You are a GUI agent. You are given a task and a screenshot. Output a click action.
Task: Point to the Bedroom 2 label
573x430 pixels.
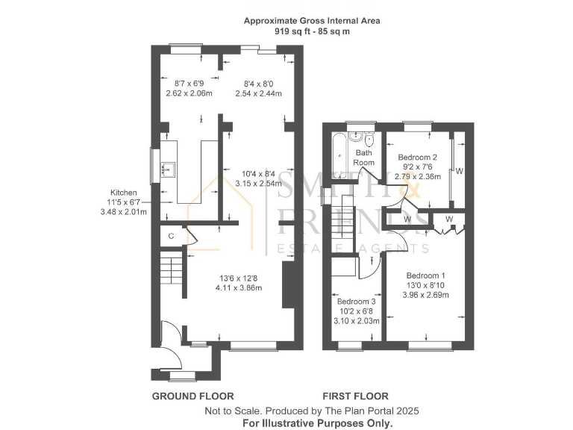[x=417, y=158]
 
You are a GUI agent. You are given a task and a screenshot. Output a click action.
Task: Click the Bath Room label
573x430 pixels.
[x=363, y=158]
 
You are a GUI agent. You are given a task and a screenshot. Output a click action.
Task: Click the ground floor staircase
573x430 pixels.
[x=171, y=267]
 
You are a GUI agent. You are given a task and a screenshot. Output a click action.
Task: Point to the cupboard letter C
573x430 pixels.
[x=171, y=237]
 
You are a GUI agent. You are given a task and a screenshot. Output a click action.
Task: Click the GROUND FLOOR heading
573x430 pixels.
[x=193, y=396]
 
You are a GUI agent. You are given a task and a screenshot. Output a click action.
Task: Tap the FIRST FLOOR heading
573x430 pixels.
[x=355, y=396]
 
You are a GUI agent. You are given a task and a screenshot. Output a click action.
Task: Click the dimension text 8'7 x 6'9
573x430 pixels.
[x=189, y=84]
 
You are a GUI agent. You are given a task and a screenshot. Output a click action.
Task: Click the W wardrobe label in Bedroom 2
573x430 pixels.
[x=460, y=171]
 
